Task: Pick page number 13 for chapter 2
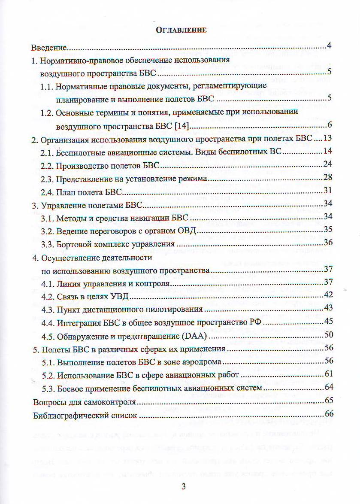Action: [x=328, y=138]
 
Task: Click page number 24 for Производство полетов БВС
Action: [x=328, y=164]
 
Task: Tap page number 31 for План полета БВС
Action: [x=328, y=191]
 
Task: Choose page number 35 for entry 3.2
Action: [x=328, y=229]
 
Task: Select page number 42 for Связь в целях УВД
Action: [x=328, y=295]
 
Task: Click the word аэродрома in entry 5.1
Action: [x=202, y=362]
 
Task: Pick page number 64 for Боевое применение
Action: [x=329, y=388]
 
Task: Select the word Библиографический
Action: [x=71, y=416]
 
